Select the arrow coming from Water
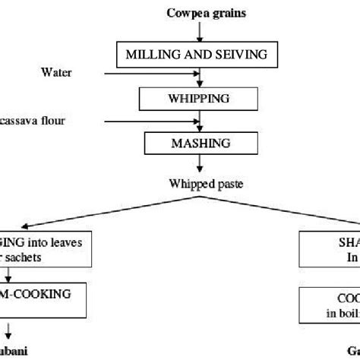tap(152, 74)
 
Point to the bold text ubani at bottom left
tap(17, 352)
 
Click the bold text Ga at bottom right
tap(350, 352)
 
